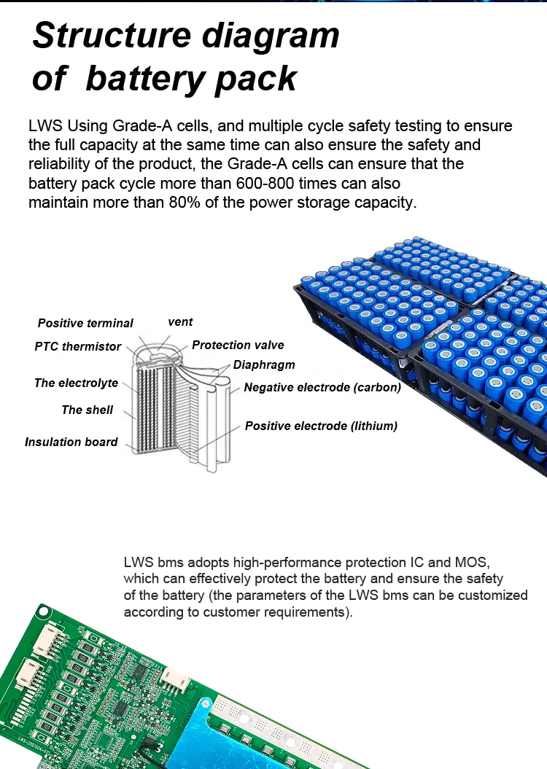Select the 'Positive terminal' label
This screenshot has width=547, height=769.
(85, 323)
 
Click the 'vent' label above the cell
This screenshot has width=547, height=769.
(180, 321)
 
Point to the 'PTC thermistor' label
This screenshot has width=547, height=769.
(77, 346)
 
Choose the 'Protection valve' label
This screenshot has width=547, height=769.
(238, 345)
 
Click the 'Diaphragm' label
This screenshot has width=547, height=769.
(264, 364)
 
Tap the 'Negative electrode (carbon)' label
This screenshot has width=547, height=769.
(322, 387)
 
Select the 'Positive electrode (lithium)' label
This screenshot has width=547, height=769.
(321, 426)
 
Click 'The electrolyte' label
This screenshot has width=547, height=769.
(76, 383)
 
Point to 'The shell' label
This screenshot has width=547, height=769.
(88, 410)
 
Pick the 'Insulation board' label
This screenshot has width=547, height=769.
(71, 442)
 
